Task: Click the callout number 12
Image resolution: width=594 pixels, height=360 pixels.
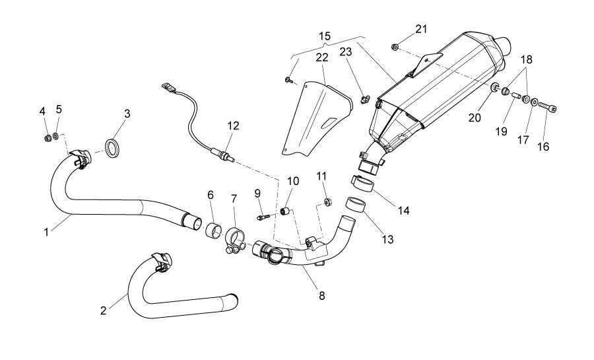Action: pos(233,126)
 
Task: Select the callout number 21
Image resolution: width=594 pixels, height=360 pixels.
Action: pos(421,28)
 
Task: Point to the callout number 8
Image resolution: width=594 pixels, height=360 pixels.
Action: pos(321,296)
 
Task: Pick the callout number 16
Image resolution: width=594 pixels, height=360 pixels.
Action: pos(544,147)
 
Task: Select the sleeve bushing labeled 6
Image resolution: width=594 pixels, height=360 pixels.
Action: pos(214,232)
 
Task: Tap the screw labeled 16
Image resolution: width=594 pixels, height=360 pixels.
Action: pos(547,107)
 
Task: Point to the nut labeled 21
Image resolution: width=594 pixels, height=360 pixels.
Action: pos(394,47)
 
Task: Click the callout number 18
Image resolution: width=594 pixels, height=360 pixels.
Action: pos(526,59)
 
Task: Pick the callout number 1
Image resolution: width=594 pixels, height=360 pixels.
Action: pos(46,232)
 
